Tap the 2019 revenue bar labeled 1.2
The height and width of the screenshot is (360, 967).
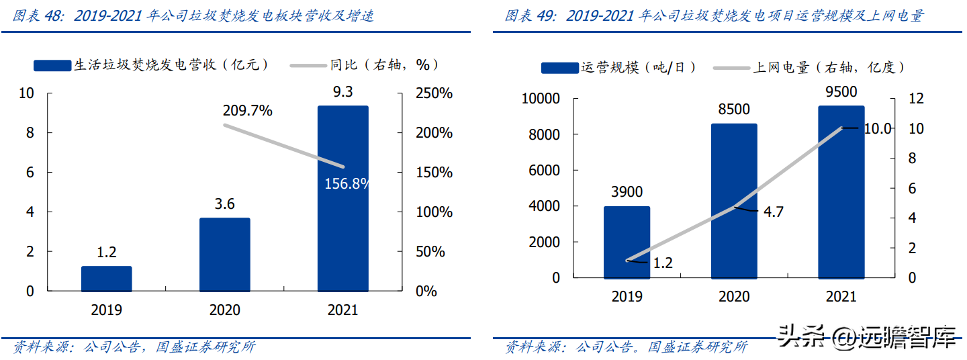107,278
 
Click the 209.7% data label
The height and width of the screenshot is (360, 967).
248,111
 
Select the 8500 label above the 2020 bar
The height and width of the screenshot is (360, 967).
734,109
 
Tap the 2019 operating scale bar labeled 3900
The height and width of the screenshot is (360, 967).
627,242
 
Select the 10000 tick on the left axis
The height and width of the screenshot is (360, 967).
541,99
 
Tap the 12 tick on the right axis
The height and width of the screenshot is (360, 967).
917,99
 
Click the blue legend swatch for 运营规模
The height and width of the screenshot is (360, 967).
559,68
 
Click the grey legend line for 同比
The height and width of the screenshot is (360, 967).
308,65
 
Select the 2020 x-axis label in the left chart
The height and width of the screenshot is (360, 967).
225,310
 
